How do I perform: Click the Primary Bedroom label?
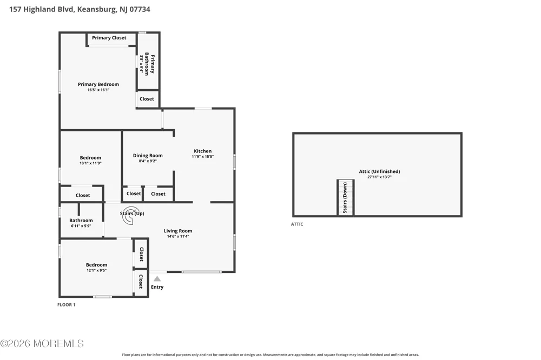pyautogui.click(x=98, y=84)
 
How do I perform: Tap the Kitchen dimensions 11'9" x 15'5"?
pyautogui.click(x=202, y=157)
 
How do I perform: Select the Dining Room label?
pyautogui.click(x=148, y=156)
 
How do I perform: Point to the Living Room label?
pyautogui.click(x=178, y=231)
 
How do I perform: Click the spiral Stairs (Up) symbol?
pyautogui.click(x=131, y=216)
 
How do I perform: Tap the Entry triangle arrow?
pyautogui.click(x=157, y=278)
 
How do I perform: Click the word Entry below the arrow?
pyautogui.click(x=157, y=287)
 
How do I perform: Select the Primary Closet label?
pyautogui.click(x=109, y=38)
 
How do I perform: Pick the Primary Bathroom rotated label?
pyautogui.click(x=149, y=64)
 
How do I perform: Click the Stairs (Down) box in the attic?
pyautogui.click(x=345, y=198)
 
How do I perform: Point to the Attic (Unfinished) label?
pyautogui.click(x=380, y=171)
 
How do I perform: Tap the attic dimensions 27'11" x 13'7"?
pyautogui.click(x=380, y=177)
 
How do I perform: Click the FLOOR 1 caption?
pyautogui.click(x=66, y=304)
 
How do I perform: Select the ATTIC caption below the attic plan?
pyautogui.click(x=297, y=224)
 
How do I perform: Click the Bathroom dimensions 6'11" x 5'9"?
pyautogui.click(x=81, y=226)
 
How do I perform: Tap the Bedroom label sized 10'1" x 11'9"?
pyautogui.click(x=90, y=158)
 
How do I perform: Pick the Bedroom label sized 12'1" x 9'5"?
pyautogui.click(x=97, y=265)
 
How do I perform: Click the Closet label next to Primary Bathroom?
pyautogui.click(x=147, y=98)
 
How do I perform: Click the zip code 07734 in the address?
pyautogui.click(x=140, y=9)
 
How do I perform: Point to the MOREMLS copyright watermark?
pyautogui.click(x=42, y=343)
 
